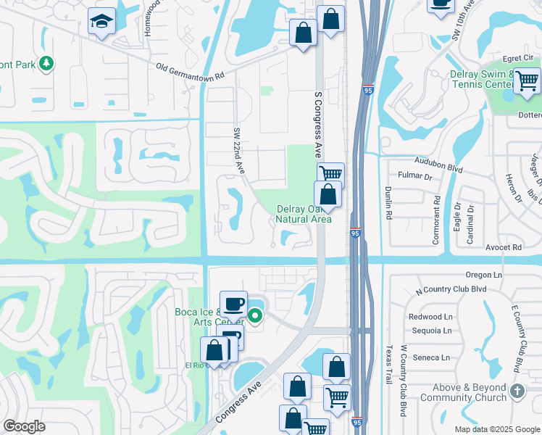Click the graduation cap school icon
pos(102,22)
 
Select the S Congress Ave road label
pos(317,125)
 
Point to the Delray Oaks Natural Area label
pos(304,214)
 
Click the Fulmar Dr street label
pos(415,176)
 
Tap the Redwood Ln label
pos(430,317)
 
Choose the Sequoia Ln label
pos(430,330)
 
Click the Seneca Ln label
pos(432,357)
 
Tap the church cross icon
pos(517,391)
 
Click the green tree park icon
pos(46,64)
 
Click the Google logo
pos(24,426)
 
